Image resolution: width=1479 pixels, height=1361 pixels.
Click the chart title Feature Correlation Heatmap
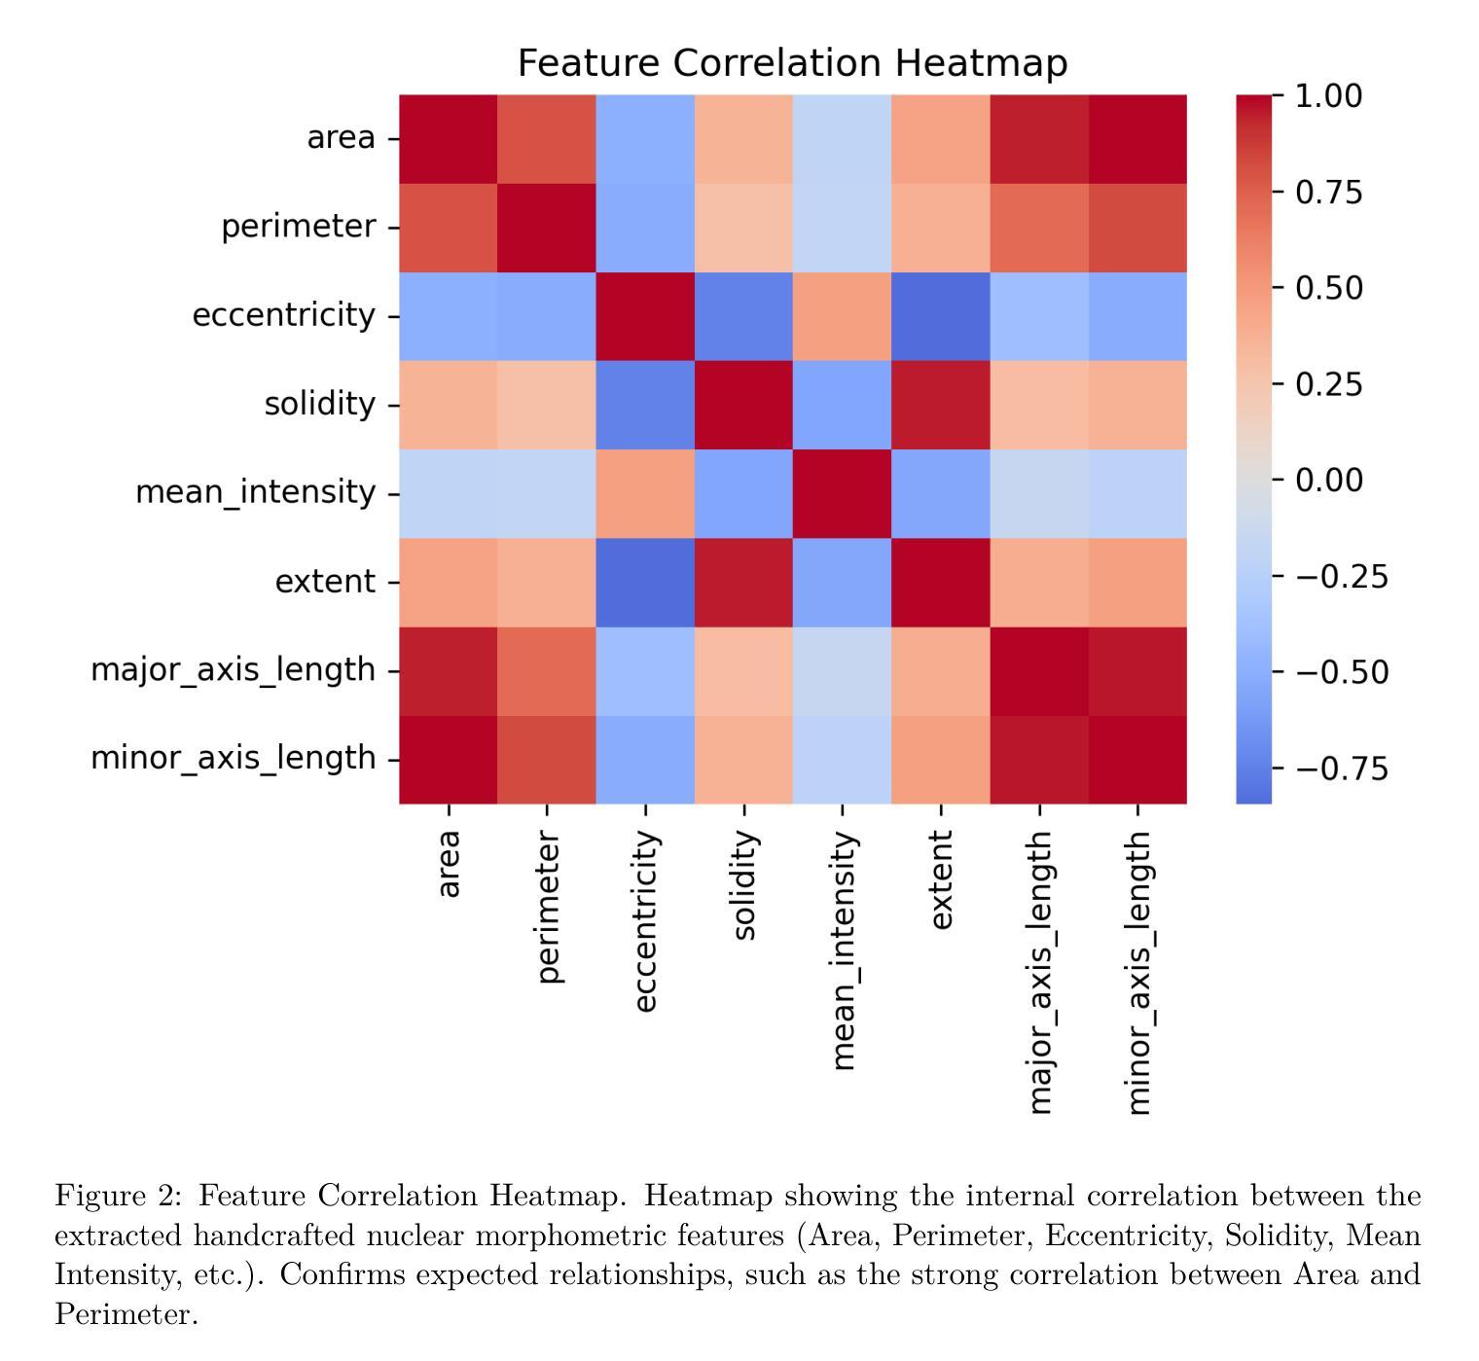point(792,63)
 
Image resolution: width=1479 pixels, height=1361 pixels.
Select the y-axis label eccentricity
point(283,315)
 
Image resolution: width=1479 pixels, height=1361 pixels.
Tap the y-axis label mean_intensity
point(255,492)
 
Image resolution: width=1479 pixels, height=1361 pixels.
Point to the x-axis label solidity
point(744,885)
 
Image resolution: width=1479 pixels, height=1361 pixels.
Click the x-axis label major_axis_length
point(1040,971)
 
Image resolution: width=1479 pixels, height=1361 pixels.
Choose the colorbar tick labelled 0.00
point(1328,480)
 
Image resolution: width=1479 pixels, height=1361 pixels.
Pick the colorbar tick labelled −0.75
point(1341,769)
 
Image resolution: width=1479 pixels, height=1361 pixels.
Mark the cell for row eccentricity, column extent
point(940,316)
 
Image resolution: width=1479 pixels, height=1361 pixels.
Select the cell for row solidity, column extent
point(940,405)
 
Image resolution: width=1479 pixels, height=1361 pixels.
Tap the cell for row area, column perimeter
point(547,138)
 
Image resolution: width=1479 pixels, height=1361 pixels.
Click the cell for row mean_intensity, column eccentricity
point(645,493)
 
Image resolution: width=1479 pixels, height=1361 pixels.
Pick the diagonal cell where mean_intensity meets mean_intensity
point(842,493)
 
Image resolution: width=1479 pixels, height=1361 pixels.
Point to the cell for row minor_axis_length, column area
point(449,760)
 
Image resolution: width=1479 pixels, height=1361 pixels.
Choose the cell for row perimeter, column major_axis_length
point(1039,228)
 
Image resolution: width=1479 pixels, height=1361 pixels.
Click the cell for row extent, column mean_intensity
point(842,582)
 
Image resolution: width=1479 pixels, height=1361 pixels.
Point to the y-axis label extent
point(325,582)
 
